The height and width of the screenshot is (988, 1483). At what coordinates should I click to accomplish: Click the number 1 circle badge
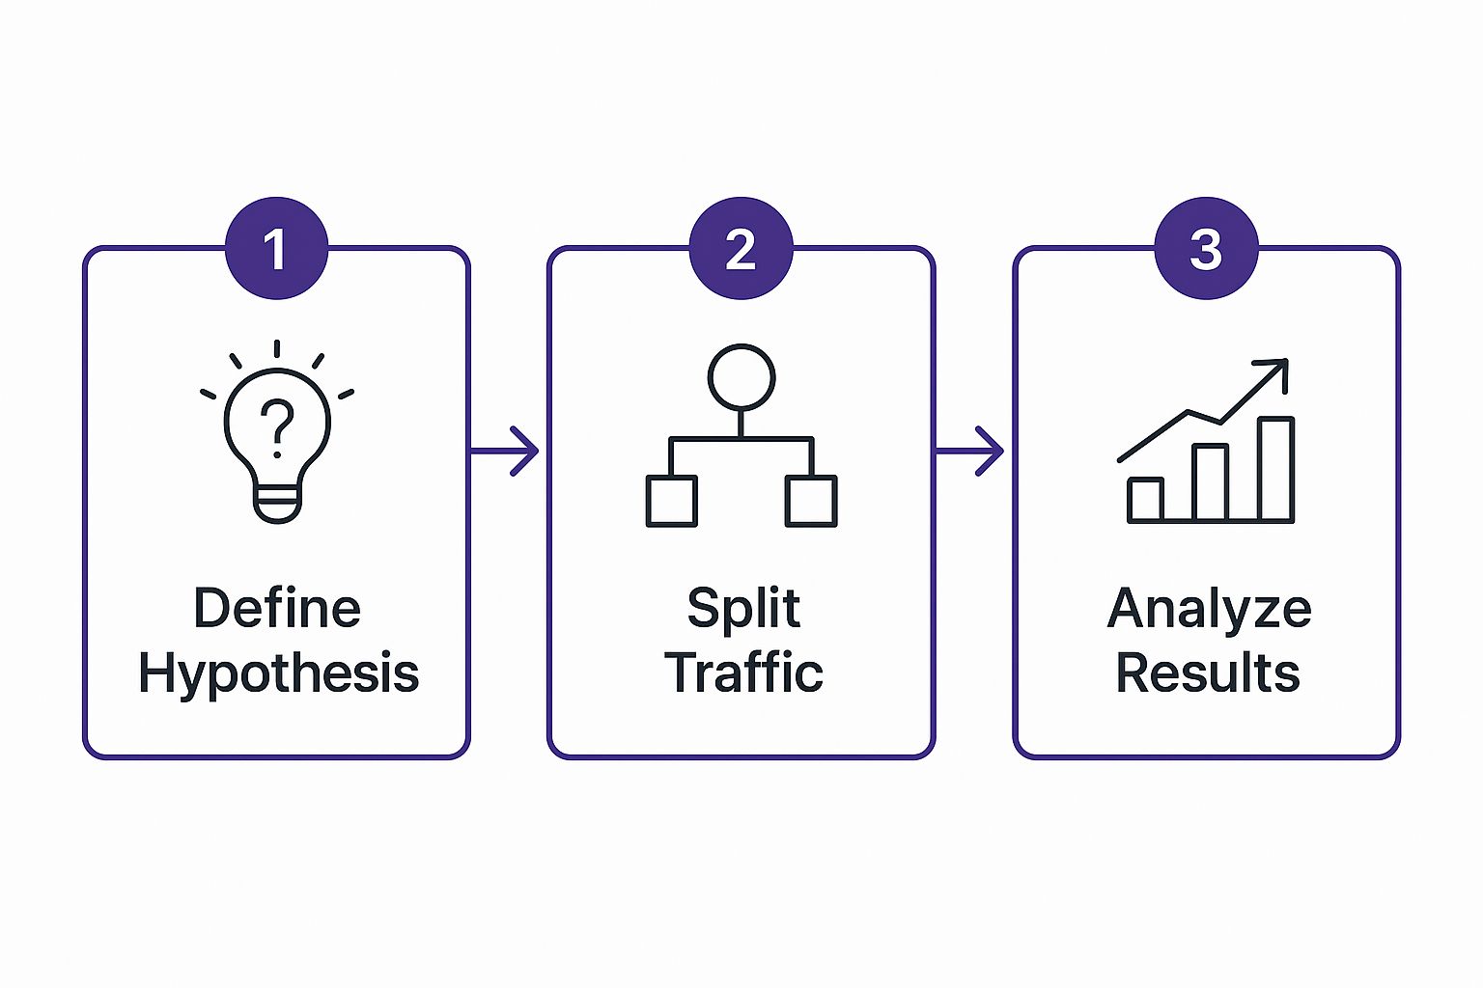[x=276, y=249]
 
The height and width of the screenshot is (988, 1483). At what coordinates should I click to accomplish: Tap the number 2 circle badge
[x=741, y=249]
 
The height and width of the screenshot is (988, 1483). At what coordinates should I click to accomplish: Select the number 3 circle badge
[x=1206, y=249]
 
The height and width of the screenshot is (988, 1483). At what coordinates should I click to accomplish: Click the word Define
[x=277, y=609]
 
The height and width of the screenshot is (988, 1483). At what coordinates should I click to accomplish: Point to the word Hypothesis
[x=278, y=672]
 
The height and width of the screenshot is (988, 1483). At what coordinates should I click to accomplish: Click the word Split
[x=742, y=609]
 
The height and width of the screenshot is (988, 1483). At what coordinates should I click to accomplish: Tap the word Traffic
[x=742, y=672]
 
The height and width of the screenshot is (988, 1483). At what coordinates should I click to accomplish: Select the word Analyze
[x=1209, y=609]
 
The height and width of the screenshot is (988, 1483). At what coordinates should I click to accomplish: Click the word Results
[x=1207, y=672]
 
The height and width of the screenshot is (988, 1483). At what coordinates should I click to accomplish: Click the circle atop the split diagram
[x=741, y=376]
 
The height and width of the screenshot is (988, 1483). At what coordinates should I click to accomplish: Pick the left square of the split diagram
[x=671, y=501]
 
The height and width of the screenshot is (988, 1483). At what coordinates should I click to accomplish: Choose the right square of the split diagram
[x=811, y=501]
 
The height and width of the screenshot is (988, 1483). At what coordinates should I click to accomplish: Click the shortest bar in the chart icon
[x=1145, y=499]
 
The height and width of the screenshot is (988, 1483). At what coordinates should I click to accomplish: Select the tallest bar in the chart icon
[x=1275, y=469]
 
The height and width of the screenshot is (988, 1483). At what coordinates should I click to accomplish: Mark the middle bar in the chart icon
[x=1211, y=482]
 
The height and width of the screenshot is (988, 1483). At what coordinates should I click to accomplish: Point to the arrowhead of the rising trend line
[x=1277, y=370]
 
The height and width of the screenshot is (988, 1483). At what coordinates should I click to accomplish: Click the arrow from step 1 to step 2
[x=505, y=451]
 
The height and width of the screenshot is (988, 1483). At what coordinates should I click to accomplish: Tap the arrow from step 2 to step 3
[x=970, y=451]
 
